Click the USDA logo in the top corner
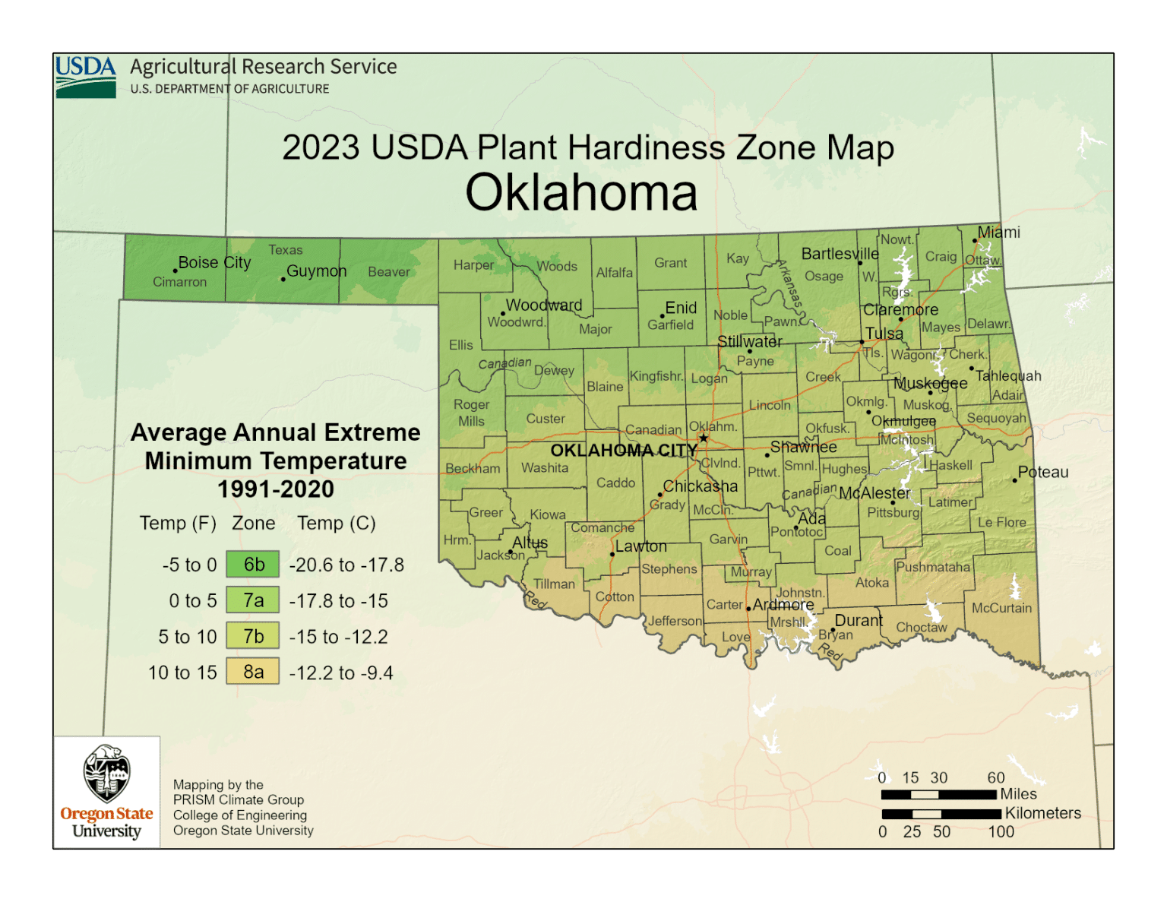[85, 76]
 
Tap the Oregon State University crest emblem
[106, 774]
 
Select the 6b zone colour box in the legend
[253, 565]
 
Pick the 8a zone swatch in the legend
[253, 673]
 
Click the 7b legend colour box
[253, 637]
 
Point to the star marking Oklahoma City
[704, 438]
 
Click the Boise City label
[214, 263]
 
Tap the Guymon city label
[316, 271]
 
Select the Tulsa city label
[884, 334]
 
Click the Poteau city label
[1042, 472]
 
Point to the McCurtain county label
[1001, 608]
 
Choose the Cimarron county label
[179, 282]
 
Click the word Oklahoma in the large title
[581, 193]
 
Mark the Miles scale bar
[938, 794]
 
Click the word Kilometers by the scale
[1042, 813]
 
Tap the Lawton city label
[640, 546]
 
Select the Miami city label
[998, 233]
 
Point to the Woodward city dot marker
[502, 313]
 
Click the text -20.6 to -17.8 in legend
[346, 565]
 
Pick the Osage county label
[824, 277]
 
